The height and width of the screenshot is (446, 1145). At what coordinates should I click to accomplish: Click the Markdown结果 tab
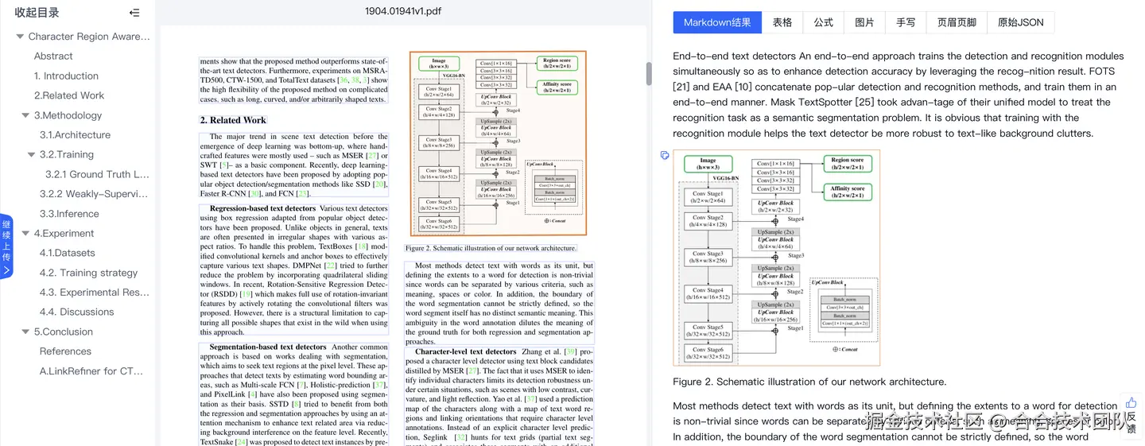pyautogui.click(x=717, y=22)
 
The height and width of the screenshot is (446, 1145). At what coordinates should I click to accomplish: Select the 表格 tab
pyautogui.click(x=782, y=22)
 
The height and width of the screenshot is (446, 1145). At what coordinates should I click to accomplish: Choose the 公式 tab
pyautogui.click(x=824, y=22)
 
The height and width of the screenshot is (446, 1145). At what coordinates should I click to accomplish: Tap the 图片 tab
pyautogui.click(x=864, y=22)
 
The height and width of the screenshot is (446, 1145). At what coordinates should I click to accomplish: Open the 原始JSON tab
pyautogui.click(x=1020, y=22)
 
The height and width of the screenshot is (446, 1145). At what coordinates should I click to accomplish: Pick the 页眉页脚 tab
pyautogui.click(x=957, y=22)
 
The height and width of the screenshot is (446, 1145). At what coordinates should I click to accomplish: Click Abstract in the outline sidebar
pyautogui.click(x=53, y=56)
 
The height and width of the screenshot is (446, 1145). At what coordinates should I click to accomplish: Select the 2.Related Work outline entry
pyautogui.click(x=69, y=95)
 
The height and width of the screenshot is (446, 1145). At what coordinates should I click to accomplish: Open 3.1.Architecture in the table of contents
pyautogui.click(x=75, y=135)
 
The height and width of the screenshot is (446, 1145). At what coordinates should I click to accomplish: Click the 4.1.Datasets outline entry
pyautogui.click(x=67, y=253)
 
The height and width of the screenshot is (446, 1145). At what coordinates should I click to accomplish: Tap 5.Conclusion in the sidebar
pyautogui.click(x=63, y=332)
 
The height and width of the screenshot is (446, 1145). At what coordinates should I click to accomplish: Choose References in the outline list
pyautogui.click(x=65, y=351)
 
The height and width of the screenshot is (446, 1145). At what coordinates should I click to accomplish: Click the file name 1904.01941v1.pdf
pyautogui.click(x=403, y=11)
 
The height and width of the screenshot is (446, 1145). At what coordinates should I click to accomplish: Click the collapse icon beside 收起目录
pyautogui.click(x=134, y=13)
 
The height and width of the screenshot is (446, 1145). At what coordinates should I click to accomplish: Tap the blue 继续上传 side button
pyautogui.click(x=6, y=246)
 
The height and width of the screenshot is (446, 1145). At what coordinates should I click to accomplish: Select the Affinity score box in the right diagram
pyautogui.click(x=848, y=192)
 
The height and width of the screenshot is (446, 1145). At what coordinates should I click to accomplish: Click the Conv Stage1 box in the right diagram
pyautogui.click(x=708, y=197)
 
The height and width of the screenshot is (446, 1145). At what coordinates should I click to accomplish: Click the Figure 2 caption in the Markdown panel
pyautogui.click(x=809, y=382)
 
